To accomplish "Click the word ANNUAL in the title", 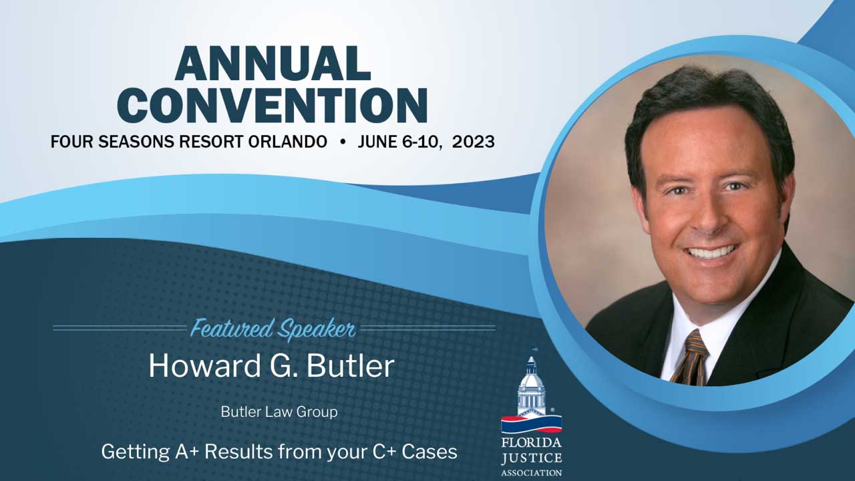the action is click(273, 63).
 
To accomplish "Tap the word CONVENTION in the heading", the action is click(272, 106).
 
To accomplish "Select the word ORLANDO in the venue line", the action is click(288, 142).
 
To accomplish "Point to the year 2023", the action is click(474, 142).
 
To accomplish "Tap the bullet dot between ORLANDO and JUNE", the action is click(343, 142).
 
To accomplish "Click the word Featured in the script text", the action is click(232, 328).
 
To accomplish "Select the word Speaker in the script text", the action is click(317, 329).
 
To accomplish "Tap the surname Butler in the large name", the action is click(350, 365).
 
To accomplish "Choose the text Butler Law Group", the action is click(279, 412).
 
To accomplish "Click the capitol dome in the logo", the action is click(531, 381).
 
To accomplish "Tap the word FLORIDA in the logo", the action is click(531, 443).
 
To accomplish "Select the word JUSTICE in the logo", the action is click(531, 458).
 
